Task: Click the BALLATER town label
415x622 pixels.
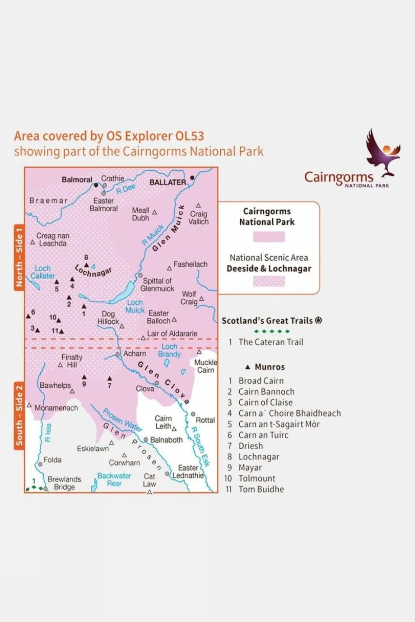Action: click(x=167, y=182)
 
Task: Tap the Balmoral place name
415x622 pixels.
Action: click(x=77, y=180)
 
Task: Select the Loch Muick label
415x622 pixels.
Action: click(x=135, y=306)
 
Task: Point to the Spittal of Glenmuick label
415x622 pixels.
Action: click(x=157, y=284)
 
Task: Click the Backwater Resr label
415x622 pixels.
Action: click(x=114, y=479)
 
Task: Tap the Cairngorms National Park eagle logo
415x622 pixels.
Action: click(x=383, y=153)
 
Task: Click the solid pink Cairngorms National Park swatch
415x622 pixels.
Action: click(x=269, y=237)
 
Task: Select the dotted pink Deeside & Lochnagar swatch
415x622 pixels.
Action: click(x=269, y=282)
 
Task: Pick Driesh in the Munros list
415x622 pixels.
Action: click(x=251, y=446)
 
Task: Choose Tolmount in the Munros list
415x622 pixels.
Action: click(x=257, y=478)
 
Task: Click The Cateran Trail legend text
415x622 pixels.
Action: click(x=271, y=342)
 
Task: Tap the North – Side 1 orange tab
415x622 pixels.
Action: click(x=19, y=258)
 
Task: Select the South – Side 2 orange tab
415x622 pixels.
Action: click(x=19, y=415)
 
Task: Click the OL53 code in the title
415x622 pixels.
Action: click(x=189, y=136)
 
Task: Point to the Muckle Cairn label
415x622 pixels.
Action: click(x=206, y=366)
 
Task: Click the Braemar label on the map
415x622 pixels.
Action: click(x=48, y=201)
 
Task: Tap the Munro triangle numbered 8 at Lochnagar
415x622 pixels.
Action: click(x=87, y=265)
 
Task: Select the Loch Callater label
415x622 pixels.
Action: click(x=42, y=272)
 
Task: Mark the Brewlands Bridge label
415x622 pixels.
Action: click(x=64, y=483)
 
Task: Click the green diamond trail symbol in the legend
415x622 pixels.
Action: click(x=272, y=332)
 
